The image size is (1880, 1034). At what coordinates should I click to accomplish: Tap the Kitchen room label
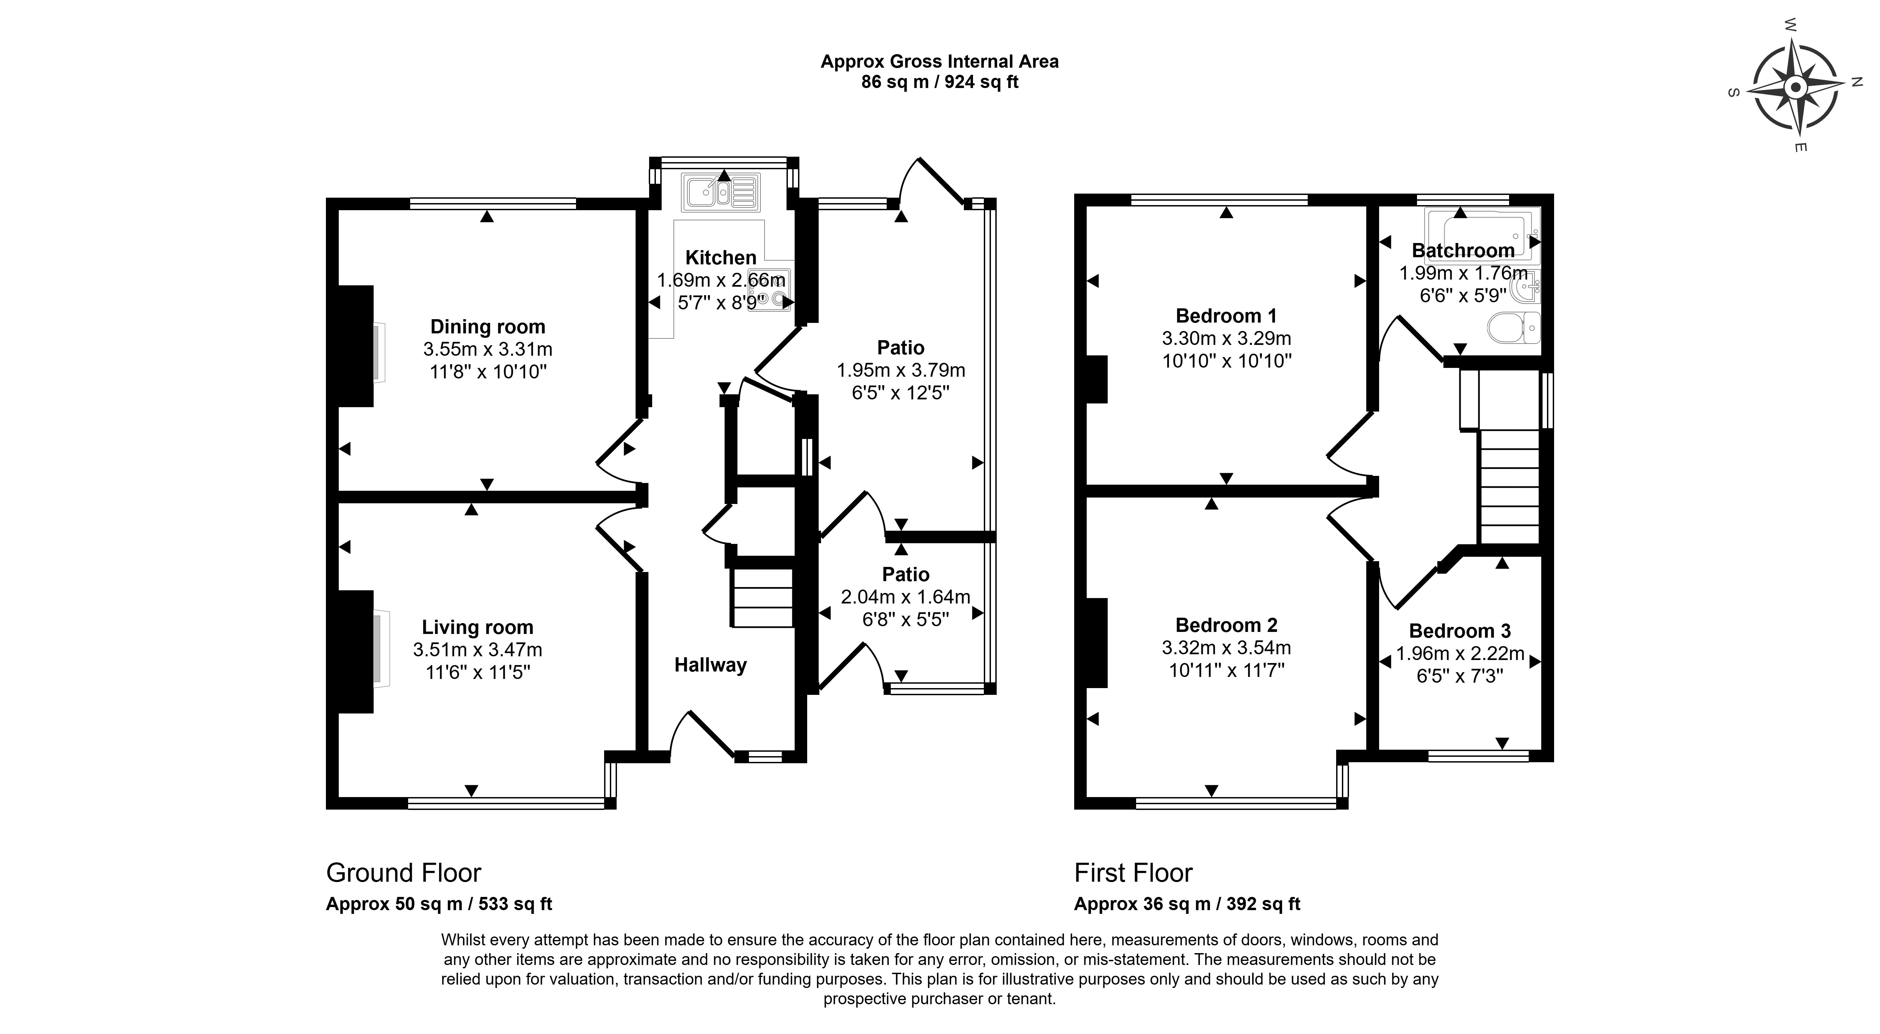(720, 258)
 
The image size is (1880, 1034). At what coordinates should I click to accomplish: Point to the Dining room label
(488, 327)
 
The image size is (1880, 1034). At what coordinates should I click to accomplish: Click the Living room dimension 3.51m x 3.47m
(477, 650)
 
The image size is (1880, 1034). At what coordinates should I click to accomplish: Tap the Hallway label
(710, 665)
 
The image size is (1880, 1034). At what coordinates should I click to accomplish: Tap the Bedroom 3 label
(1460, 631)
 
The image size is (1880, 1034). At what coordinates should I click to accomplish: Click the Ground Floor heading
(404, 873)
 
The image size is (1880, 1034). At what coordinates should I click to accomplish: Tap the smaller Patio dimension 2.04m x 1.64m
(905, 597)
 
